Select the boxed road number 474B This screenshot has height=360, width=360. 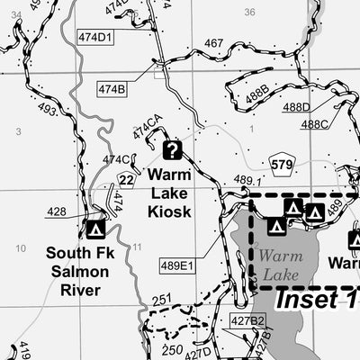pos(112,88)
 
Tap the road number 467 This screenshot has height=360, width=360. pos(213,43)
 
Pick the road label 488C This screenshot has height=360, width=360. pos(314,124)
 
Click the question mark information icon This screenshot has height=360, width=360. pos(172,150)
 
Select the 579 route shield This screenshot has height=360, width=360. pos(282,165)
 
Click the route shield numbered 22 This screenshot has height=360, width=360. pos(126,181)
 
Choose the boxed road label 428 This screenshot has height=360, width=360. pos(57,212)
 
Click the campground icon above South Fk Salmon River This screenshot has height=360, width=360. pos(94,229)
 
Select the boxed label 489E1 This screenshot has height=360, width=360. pos(177,265)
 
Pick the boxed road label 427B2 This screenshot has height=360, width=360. pos(247,320)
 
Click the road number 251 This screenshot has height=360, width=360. pos(161,300)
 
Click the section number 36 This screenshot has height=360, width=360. pos(249,12)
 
